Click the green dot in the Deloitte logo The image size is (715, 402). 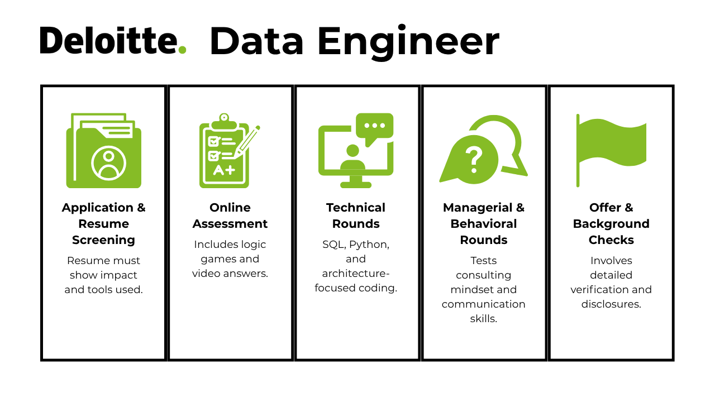pos(182,50)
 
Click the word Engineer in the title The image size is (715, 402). pos(408,42)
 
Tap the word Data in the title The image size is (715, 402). pos(256,41)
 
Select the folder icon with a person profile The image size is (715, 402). pos(104,151)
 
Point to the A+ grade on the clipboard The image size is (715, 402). pos(224,170)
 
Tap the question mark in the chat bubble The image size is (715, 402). pos(474,160)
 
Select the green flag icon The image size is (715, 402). pos(611,150)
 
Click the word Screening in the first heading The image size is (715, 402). pos(104,240)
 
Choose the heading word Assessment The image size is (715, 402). pos(230,224)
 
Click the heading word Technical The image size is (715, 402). pos(356,207)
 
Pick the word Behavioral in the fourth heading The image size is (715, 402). pos(484,224)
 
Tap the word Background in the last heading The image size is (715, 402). pos(611,224)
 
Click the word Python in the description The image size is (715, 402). pos(369,245)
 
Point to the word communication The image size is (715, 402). pos(484,304)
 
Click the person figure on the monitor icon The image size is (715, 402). pos(352,157)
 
